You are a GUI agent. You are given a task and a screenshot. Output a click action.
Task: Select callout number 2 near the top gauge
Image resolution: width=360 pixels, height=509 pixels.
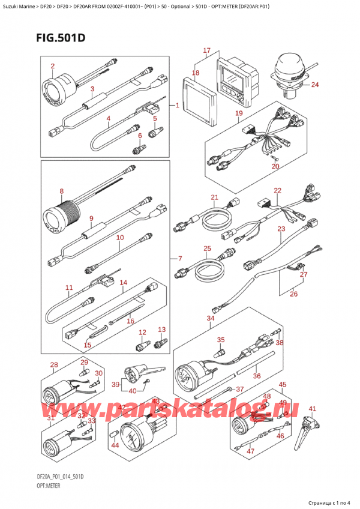click(52, 66)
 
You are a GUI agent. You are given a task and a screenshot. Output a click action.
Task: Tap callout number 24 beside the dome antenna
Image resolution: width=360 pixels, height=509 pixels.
click(315, 85)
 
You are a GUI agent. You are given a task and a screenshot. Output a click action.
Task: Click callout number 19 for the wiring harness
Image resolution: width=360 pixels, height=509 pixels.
click(238, 113)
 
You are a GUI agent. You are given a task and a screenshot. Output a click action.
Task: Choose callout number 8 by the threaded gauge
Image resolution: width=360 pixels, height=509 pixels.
click(61, 192)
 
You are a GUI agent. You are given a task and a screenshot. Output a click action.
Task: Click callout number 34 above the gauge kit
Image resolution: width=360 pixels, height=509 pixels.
click(210, 318)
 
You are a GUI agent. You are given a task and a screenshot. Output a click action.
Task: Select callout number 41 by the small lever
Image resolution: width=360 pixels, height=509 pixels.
click(311, 409)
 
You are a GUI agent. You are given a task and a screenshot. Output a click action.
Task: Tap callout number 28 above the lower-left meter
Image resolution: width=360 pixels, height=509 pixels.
click(54, 365)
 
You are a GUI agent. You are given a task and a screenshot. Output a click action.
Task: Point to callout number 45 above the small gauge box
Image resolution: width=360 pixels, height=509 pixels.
click(283, 385)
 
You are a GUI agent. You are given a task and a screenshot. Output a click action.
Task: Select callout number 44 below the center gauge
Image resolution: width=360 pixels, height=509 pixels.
click(115, 445)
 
